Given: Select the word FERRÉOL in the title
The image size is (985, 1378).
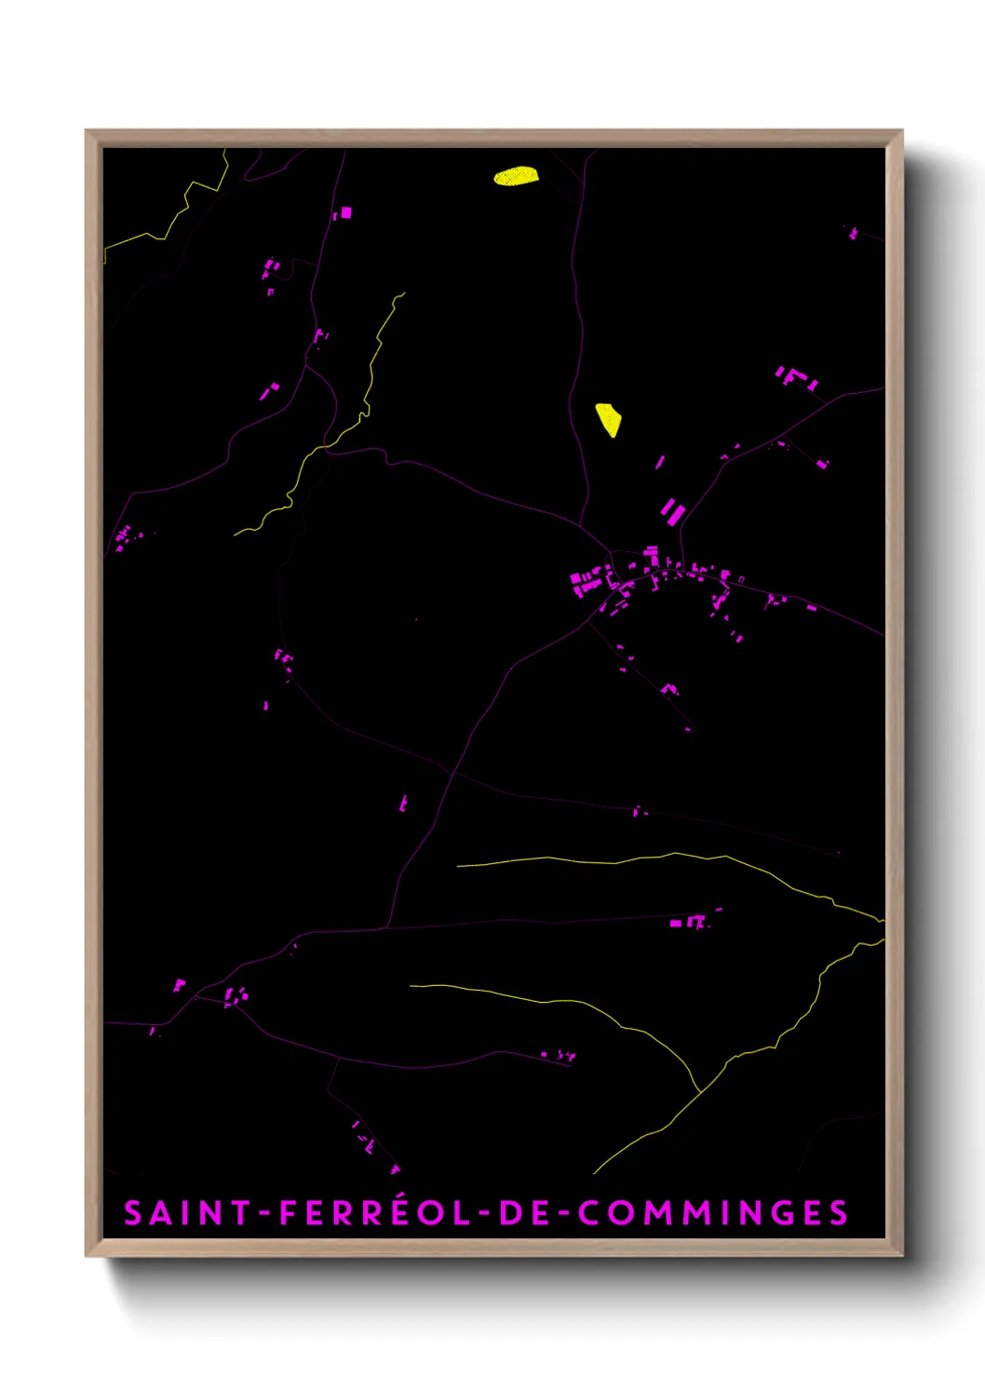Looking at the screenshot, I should (x=376, y=1213).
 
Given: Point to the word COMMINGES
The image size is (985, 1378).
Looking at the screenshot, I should (x=712, y=1213).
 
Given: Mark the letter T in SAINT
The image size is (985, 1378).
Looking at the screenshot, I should (x=241, y=1213).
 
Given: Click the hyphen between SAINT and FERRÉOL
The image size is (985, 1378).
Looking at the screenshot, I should (x=264, y=1214).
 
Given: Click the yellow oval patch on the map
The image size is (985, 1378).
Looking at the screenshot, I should (x=516, y=176).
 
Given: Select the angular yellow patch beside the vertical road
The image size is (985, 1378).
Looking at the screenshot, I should (x=609, y=419).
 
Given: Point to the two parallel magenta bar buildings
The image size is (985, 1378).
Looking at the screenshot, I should (x=673, y=511).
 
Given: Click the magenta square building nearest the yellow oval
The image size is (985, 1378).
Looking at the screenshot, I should (x=345, y=213).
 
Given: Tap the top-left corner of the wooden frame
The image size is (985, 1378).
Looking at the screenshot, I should (x=88, y=132).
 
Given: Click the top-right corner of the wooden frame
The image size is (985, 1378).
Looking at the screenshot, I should (x=900, y=132).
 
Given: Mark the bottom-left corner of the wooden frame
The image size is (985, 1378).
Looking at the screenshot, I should (x=88, y=1254).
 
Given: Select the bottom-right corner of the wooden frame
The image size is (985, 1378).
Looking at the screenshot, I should (x=900, y=1254).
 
